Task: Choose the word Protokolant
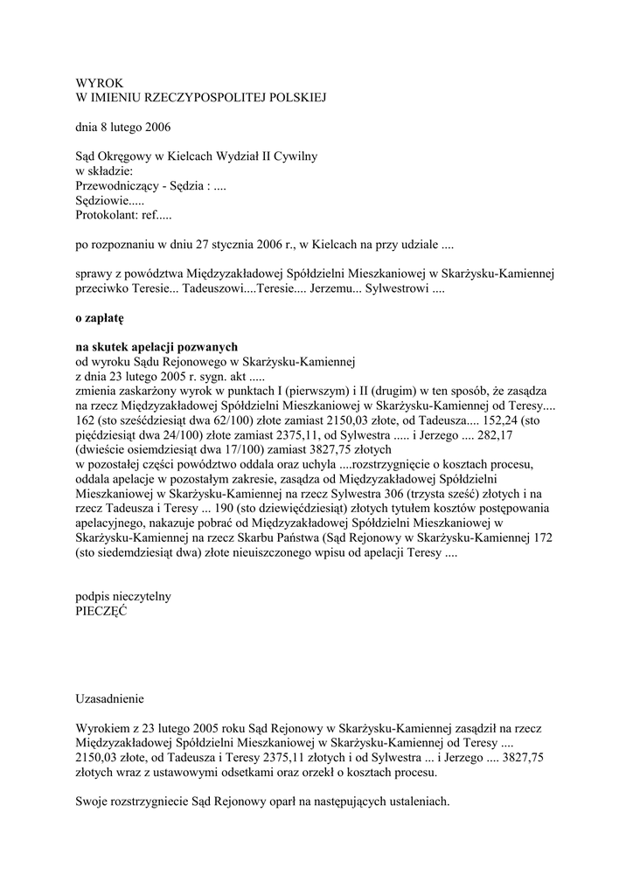pos(105,214)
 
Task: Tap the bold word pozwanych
pos(206,347)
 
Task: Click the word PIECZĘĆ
pos(101,612)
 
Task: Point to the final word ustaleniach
pos(413,802)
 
